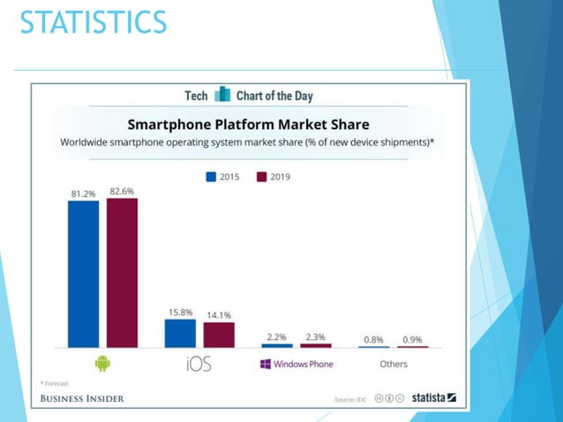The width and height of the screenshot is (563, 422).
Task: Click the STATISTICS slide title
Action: pyautogui.click(x=93, y=21)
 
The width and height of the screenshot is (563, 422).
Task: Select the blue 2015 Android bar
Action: pyautogui.click(x=83, y=273)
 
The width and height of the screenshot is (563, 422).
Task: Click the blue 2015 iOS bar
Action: pyautogui.click(x=180, y=333)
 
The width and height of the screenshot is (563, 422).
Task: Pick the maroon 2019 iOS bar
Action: pyautogui.click(x=219, y=335)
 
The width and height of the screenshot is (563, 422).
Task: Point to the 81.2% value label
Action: pyautogui.click(x=84, y=192)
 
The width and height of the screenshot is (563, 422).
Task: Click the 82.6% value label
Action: pyautogui.click(x=123, y=190)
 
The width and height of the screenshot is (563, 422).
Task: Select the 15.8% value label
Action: pyautogui.click(x=180, y=312)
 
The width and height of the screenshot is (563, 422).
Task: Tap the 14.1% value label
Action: pyautogui.click(x=219, y=315)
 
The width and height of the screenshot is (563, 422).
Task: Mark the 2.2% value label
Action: pyautogui.click(x=276, y=337)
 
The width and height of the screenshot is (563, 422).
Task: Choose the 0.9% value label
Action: pyautogui.click(x=412, y=339)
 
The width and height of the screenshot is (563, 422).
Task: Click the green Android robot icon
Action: pyautogui.click(x=102, y=363)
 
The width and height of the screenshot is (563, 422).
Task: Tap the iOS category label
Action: pyautogui.click(x=199, y=364)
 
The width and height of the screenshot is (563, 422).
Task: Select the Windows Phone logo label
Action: pyautogui.click(x=296, y=364)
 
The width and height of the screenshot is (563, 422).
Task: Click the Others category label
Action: pyautogui.click(x=393, y=364)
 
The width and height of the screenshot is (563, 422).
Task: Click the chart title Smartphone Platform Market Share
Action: pyautogui.click(x=248, y=124)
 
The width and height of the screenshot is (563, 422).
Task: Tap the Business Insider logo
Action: pyautogui.click(x=82, y=398)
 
